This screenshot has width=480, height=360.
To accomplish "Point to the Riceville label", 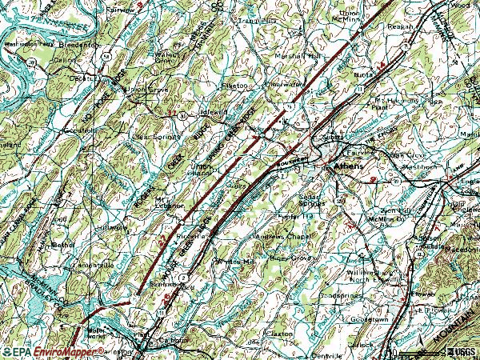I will click(x=193, y=238).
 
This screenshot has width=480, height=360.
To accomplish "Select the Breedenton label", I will click(x=81, y=45).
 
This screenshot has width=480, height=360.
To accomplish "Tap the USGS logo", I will click(x=462, y=352).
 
